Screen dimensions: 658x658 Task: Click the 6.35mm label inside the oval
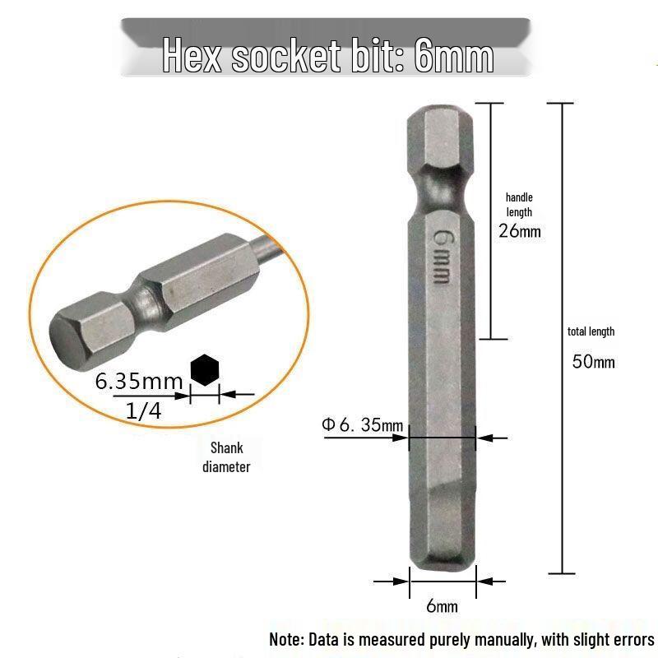(x=138, y=382)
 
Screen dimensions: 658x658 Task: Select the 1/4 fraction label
(x=144, y=410)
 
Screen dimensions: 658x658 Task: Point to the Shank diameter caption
(x=226, y=457)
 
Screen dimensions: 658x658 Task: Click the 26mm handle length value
(x=520, y=230)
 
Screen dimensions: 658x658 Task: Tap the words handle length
(x=519, y=205)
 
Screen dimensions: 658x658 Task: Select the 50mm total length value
(x=593, y=362)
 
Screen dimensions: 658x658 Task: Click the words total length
(x=591, y=331)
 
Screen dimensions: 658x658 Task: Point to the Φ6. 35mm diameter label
(x=362, y=425)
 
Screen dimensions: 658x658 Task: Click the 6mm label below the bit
(x=442, y=607)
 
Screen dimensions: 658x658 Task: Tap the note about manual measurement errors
(x=461, y=639)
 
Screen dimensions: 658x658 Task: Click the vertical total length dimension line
(x=561, y=337)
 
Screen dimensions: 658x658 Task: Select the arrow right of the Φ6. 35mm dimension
(x=493, y=438)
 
